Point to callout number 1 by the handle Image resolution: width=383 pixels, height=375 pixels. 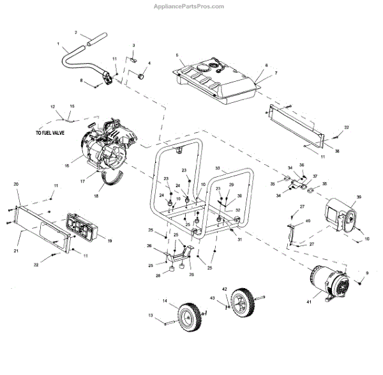click(59, 45)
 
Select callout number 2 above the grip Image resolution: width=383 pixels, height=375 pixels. click(75, 32)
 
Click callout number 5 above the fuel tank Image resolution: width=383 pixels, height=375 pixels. click(177, 55)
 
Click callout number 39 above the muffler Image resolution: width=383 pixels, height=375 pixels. click(359, 197)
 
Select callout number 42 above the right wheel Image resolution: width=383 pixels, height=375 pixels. click(224, 289)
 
